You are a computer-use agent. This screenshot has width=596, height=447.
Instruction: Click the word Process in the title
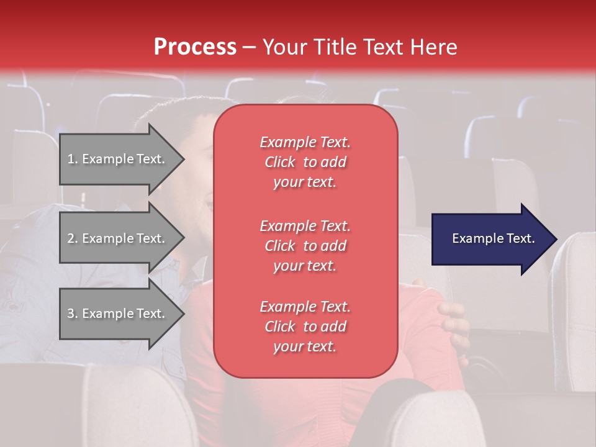click(195, 47)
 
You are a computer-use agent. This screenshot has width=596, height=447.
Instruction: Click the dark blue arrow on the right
click(490, 239)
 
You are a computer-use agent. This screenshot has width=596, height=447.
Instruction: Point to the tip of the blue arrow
click(556, 239)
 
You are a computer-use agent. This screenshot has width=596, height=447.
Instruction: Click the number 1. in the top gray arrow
click(73, 159)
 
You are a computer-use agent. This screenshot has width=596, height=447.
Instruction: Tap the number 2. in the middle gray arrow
click(73, 238)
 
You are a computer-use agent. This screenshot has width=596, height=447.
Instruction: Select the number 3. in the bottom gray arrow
click(73, 314)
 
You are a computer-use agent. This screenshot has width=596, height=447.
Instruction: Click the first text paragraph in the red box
click(305, 162)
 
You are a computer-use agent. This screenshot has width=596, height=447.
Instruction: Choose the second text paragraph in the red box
click(305, 246)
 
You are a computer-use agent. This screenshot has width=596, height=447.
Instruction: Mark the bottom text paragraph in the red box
click(305, 327)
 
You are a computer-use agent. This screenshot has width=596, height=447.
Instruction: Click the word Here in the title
click(432, 47)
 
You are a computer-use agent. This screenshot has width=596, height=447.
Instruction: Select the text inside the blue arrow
click(493, 238)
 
